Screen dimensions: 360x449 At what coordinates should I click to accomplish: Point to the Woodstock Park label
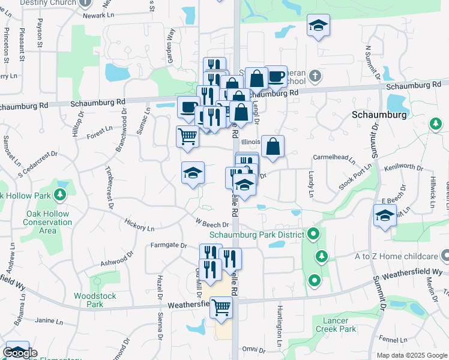click(89, 300)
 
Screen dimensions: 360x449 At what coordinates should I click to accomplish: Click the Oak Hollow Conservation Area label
click(49, 222)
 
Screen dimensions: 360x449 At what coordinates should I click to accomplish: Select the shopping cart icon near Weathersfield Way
click(221, 307)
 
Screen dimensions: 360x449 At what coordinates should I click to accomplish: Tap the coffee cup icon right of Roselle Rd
click(276, 76)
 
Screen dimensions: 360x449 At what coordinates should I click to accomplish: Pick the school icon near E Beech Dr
click(385, 216)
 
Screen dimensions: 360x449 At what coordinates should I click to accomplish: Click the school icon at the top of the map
click(318, 25)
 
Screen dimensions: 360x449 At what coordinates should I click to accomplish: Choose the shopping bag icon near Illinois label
click(273, 146)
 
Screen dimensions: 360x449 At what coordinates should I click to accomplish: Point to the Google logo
click(20, 353)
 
